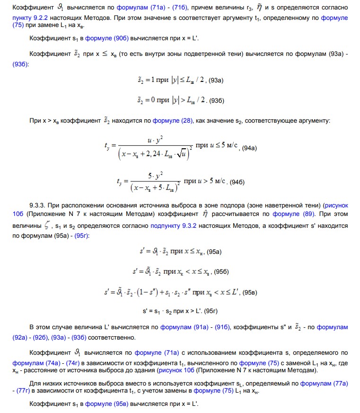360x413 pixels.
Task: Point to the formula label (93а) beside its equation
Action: pyautogui.click(x=216, y=81)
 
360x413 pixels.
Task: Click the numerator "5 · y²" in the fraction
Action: pyautogui.click(x=156, y=176)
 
